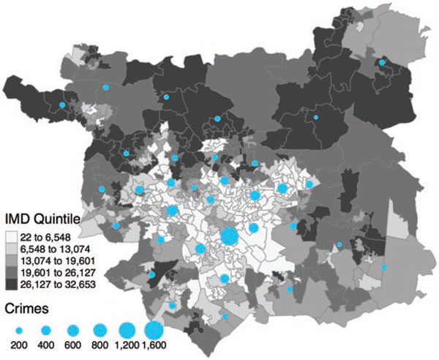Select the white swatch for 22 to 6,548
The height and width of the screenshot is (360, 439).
coord(13,238)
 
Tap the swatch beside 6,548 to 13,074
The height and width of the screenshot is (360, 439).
coord(13,250)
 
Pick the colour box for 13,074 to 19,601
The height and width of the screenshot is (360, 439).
coord(13,260)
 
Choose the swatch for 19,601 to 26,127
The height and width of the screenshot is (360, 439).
coord(13,272)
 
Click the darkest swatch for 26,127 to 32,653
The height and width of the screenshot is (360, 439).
coord(13,284)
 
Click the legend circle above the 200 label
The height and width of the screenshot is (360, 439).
coord(18,330)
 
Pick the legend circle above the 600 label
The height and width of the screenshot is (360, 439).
coord(72,330)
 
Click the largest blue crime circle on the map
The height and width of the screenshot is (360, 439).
coord(228,237)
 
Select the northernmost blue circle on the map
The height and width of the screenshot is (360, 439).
coord(382,64)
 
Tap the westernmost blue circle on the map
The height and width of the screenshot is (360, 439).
coord(62,106)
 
